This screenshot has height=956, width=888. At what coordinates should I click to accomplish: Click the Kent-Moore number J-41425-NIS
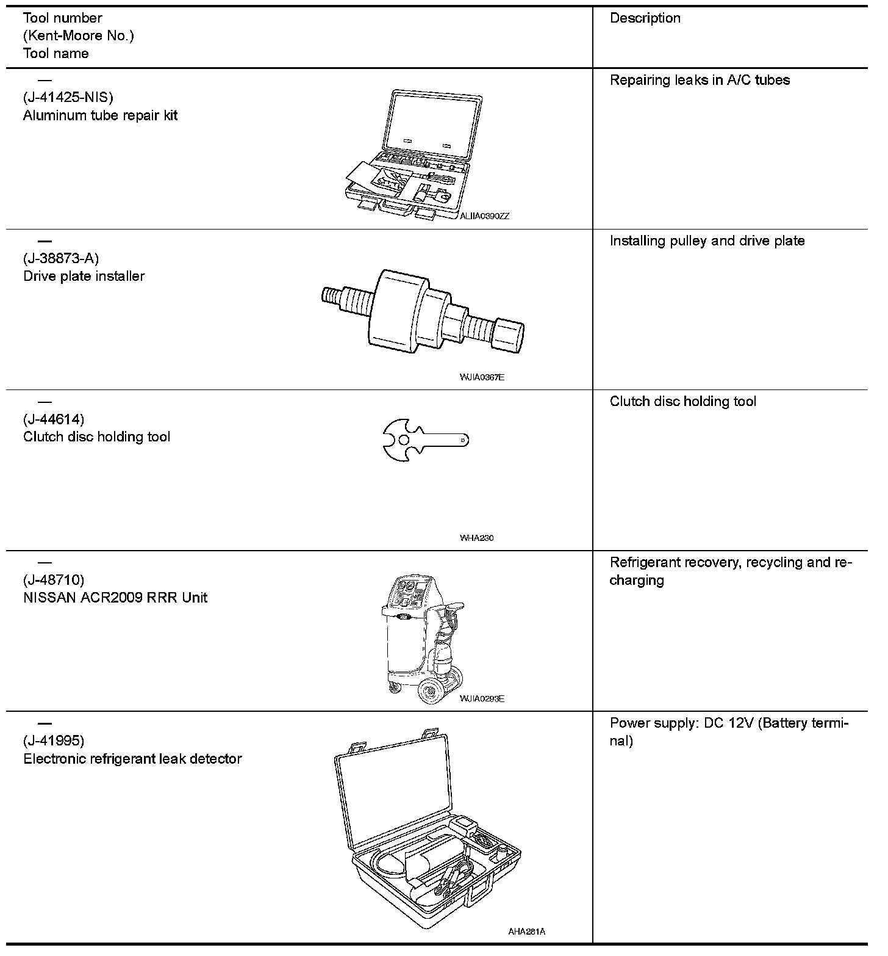tap(68, 98)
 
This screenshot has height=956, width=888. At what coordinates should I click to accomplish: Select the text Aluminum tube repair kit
tap(100, 115)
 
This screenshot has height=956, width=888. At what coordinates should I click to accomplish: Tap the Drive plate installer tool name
tap(84, 276)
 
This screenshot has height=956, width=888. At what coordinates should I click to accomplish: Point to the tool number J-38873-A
tap(61, 258)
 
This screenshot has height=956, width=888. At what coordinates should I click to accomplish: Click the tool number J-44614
tap(54, 419)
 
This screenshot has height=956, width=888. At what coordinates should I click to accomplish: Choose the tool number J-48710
tap(54, 579)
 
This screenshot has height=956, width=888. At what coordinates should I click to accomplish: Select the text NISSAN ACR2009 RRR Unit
tap(115, 597)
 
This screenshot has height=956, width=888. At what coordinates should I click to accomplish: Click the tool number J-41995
tap(54, 741)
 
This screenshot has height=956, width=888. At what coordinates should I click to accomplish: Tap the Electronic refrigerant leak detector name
tap(132, 759)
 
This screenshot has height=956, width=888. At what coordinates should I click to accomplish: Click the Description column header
tap(645, 18)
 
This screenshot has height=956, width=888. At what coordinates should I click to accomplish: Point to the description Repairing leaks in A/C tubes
tap(700, 80)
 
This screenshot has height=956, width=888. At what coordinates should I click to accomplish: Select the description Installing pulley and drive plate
tap(707, 241)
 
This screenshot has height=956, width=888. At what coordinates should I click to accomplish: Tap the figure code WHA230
tap(477, 538)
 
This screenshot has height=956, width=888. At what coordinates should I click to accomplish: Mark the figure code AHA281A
tap(526, 932)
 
